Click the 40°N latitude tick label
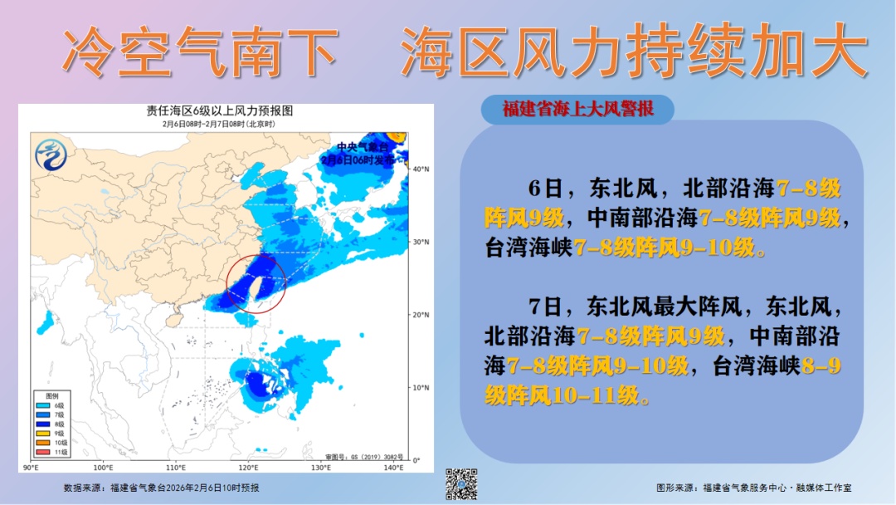(x=421, y=169)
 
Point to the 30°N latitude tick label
(x=421, y=242)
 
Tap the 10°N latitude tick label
(x=421, y=387)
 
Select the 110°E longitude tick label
(x=176, y=468)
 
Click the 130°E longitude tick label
(x=321, y=468)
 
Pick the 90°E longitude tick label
(x=32, y=468)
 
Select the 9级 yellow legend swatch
(x=41, y=433)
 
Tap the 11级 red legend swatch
(x=41, y=452)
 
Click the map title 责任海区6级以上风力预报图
(x=220, y=110)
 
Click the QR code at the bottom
(x=462, y=483)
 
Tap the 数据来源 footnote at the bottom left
(x=161, y=488)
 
